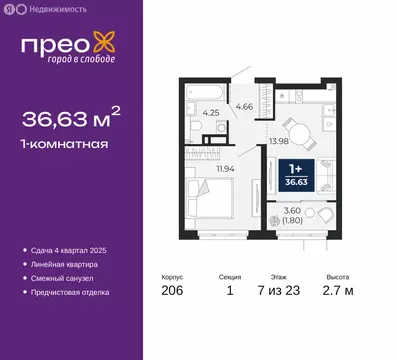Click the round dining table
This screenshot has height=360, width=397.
click(x=297, y=127)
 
